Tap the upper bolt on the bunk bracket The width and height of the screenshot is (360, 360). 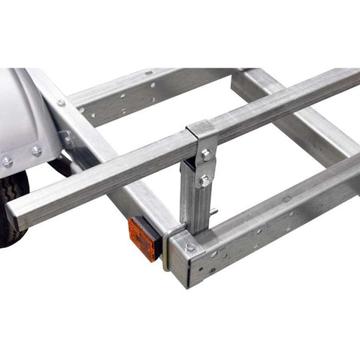coord(205,154)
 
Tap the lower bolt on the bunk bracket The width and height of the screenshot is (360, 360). coord(204,180)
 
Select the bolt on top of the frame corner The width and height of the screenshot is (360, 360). coord(190,247)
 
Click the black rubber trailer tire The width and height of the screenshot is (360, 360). coord(13,210)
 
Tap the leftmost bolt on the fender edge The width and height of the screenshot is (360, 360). coord(7,161)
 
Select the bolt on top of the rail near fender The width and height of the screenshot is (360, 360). coord(61,103)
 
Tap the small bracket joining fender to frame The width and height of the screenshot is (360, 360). coord(66,139)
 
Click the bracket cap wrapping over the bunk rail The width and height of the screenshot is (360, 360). coord(201,132)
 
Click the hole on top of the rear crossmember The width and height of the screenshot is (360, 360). coord(150,73)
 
